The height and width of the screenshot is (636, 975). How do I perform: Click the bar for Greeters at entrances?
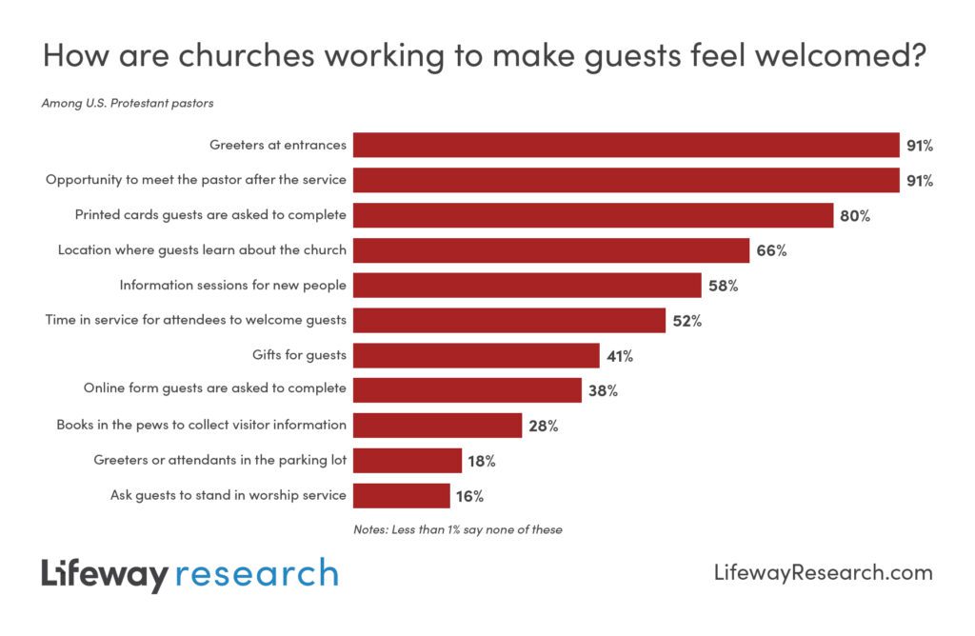coord(626,146)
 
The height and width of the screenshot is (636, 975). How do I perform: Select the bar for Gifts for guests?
coord(476,356)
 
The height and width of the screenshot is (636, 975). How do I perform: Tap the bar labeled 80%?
coord(593,215)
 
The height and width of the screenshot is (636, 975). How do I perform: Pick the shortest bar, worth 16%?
coord(401,496)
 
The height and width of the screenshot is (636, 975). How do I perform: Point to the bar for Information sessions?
coord(527,286)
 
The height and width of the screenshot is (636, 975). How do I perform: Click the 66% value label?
coord(771,251)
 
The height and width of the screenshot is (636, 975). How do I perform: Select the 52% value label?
coord(686,321)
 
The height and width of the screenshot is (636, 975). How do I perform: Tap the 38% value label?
coord(603,390)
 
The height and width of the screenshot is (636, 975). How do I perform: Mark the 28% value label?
coord(543,426)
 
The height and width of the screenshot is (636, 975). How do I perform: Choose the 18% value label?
coord(483,461)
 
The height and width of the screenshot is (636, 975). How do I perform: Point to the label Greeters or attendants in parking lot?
coord(220,461)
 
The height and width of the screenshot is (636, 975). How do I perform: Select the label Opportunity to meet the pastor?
coord(196,180)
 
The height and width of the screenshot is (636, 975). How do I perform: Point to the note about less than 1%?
coord(457,529)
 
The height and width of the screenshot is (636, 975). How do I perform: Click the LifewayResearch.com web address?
coord(823,572)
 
